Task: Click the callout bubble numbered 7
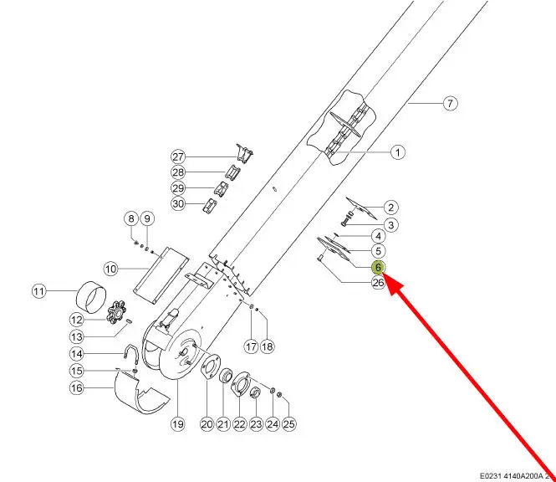pyautogui.click(x=450, y=104)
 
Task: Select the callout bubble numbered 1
pyautogui.click(x=398, y=152)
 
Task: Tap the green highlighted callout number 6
pyautogui.click(x=378, y=267)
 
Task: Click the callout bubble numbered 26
pyautogui.click(x=378, y=283)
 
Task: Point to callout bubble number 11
pyautogui.click(x=38, y=291)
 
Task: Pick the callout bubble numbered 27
pyautogui.click(x=178, y=156)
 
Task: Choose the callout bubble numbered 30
pyautogui.click(x=178, y=203)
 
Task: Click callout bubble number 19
pyautogui.click(x=177, y=424)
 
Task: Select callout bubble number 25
pyautogui.click(x=288, y=424)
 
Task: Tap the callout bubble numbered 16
pyautogui.click(x=76, y=387)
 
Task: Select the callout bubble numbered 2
pyautogui.click(x=390, y=207)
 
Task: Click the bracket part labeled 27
pyautogui.click(x=243, y=154)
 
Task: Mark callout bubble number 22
pyautogui.click(x=239, y=424)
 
